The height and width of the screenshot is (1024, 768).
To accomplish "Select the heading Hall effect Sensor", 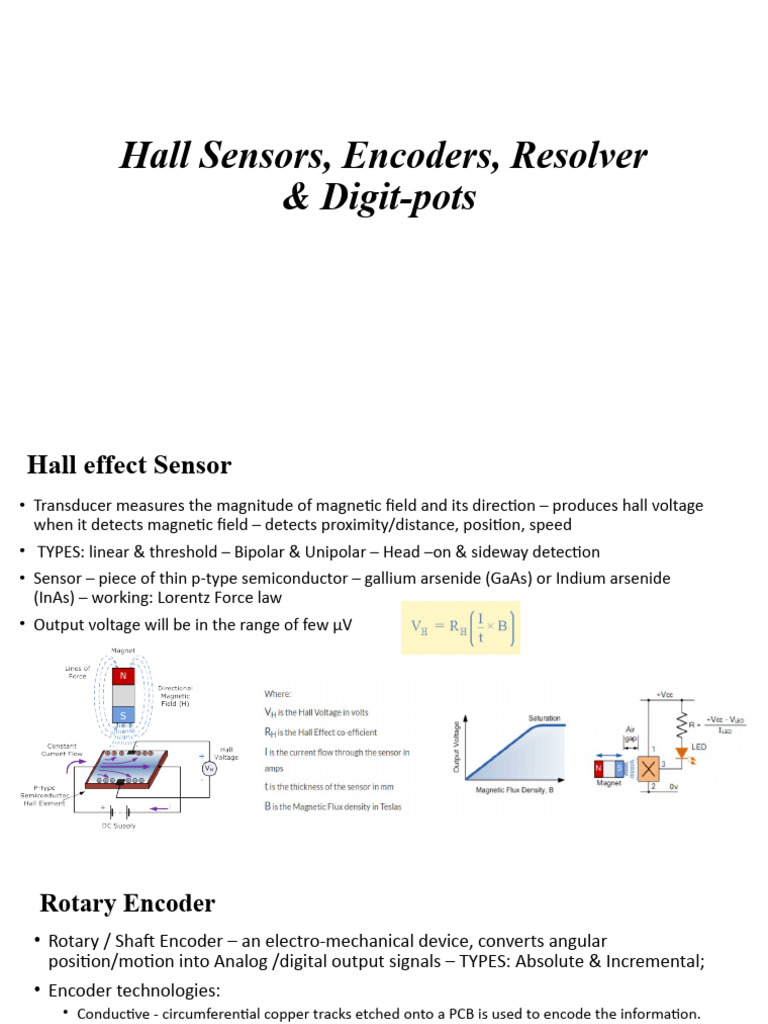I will (128, 465).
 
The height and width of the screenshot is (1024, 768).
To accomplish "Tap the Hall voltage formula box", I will (461, 627).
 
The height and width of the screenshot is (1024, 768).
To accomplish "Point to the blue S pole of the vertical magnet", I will (122, 716).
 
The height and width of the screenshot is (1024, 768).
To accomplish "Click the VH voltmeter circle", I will (210, 768).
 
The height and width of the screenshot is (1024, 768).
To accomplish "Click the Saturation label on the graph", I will (544, 718).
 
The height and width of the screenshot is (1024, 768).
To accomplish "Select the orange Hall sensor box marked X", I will (650, 768).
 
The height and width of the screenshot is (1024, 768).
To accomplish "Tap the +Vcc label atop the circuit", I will (664, 693).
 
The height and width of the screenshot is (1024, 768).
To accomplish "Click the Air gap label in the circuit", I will (630, 736).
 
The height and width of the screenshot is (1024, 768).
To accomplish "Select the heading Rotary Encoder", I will (127, 903).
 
